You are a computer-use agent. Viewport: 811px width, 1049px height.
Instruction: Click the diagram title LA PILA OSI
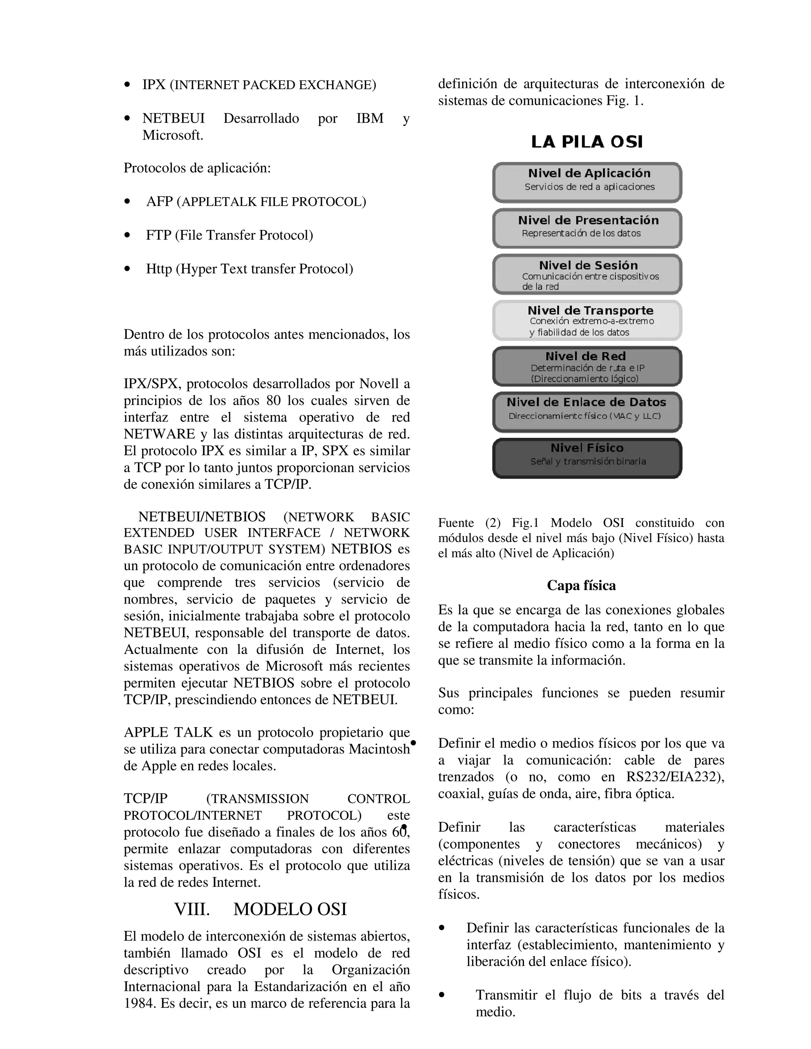tap(586, 142)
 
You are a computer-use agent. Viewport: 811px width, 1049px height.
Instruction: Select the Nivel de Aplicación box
tap(586, 182)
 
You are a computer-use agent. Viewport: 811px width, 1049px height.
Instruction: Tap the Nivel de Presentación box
tap(586, 228)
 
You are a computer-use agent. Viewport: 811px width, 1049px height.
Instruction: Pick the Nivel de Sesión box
tap(586, 274)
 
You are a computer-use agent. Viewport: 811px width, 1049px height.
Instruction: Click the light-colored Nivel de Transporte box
tap(586, 320)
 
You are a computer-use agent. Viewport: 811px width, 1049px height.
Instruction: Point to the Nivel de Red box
tap(586, 366)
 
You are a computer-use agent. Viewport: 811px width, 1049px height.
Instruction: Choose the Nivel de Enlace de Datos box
tap(586, 412)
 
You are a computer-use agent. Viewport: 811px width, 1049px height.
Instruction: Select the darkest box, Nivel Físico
tap(586, 458)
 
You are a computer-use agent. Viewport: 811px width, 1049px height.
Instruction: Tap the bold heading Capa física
tap(581, 585)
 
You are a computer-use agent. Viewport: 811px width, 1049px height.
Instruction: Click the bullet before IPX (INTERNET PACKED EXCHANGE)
tap(128, 85)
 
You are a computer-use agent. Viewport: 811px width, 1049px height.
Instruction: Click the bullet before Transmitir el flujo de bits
tap(442, 995)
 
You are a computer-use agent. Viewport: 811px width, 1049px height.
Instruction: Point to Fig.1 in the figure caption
tap(525, 523)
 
